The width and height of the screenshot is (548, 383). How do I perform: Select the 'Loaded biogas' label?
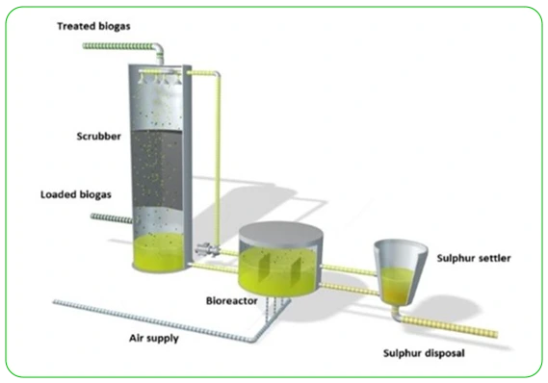[x=75, y=193]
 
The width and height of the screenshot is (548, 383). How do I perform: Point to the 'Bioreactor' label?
[x=230, y=300]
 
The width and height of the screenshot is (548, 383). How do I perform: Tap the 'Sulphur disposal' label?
[x=424, y=353]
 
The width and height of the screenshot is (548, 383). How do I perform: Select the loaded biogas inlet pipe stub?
[x=110, y=217]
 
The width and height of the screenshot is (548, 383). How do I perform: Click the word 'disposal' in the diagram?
[x=445, y=353]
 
